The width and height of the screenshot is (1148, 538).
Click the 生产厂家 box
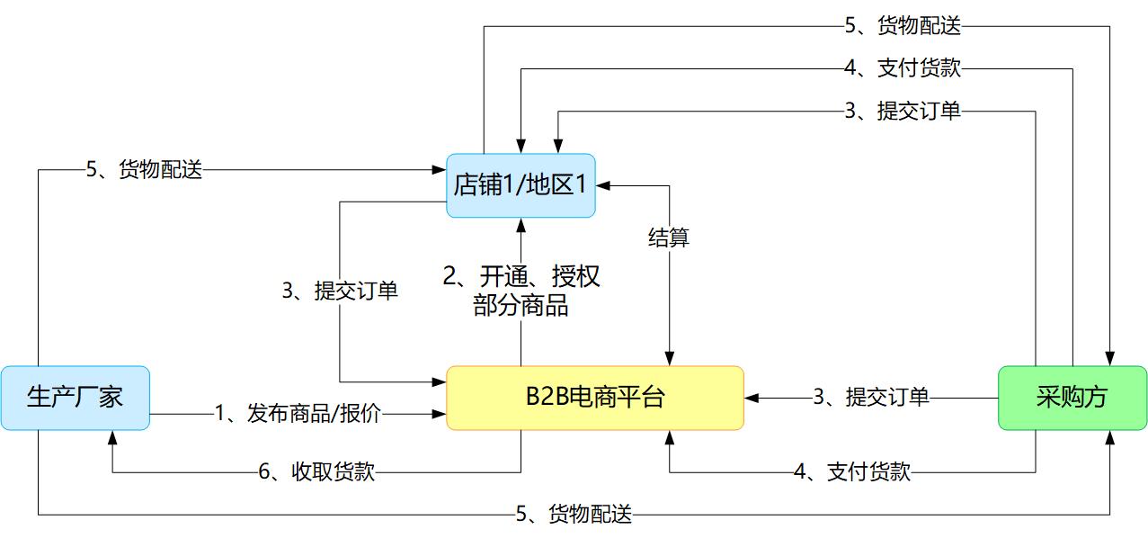[75, 397]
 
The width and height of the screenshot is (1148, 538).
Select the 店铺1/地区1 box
[521, 185]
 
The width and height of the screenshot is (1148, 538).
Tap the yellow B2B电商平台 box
[595, 397]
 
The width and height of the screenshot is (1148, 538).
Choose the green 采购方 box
[1072, 397]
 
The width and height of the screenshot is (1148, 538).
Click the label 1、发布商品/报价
[298, 414]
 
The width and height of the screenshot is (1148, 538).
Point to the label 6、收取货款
[316, 471]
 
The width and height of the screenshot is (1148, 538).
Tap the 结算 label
[669, 238]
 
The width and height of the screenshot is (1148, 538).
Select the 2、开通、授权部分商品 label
[521, 290]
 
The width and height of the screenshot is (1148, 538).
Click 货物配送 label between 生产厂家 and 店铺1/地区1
[144, 169]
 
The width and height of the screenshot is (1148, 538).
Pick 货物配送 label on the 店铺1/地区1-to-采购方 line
[903, 26]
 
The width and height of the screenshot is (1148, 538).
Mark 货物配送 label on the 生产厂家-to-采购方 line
[574, 515]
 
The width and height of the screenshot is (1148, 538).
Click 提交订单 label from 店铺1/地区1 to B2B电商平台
[340, 291]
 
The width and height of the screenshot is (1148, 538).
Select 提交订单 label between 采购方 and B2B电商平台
[870, 397]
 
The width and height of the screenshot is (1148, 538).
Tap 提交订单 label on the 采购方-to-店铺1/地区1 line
[903, 112]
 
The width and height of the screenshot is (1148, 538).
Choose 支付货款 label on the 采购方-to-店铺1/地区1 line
[903, 68]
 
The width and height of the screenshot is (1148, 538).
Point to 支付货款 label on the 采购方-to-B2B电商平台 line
[852, 471]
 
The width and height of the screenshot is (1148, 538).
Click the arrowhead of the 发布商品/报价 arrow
[441, 414]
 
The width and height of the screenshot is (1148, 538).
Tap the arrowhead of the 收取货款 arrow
[111, 437]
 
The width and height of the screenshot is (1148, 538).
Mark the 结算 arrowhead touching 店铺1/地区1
[602, 186]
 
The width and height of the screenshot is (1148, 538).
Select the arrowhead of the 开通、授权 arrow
[521, 224]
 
